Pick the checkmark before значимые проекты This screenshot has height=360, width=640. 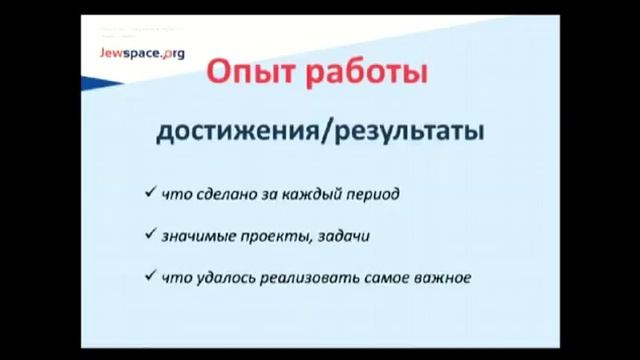pyautogui.click(x=149, y=235)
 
